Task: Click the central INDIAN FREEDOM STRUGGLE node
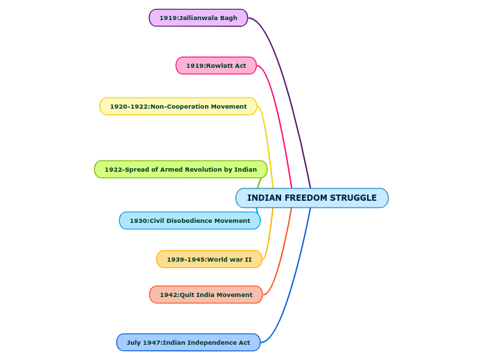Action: click(312, 198)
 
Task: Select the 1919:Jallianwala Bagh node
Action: click(198, 18)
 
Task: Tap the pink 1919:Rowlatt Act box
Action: click(216, 66)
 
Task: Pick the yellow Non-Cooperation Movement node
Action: click(178, 107)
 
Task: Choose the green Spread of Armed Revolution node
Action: click(181, 170)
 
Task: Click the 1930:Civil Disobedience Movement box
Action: click(190, 221)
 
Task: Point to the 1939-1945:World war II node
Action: click(209, 260)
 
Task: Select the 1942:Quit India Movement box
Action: click(206, 295)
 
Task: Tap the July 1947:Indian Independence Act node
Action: click(188, 343)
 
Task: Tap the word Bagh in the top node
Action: click(229, 18)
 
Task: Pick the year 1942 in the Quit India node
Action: click(168, 295)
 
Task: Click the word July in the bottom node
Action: click(134, 343)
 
